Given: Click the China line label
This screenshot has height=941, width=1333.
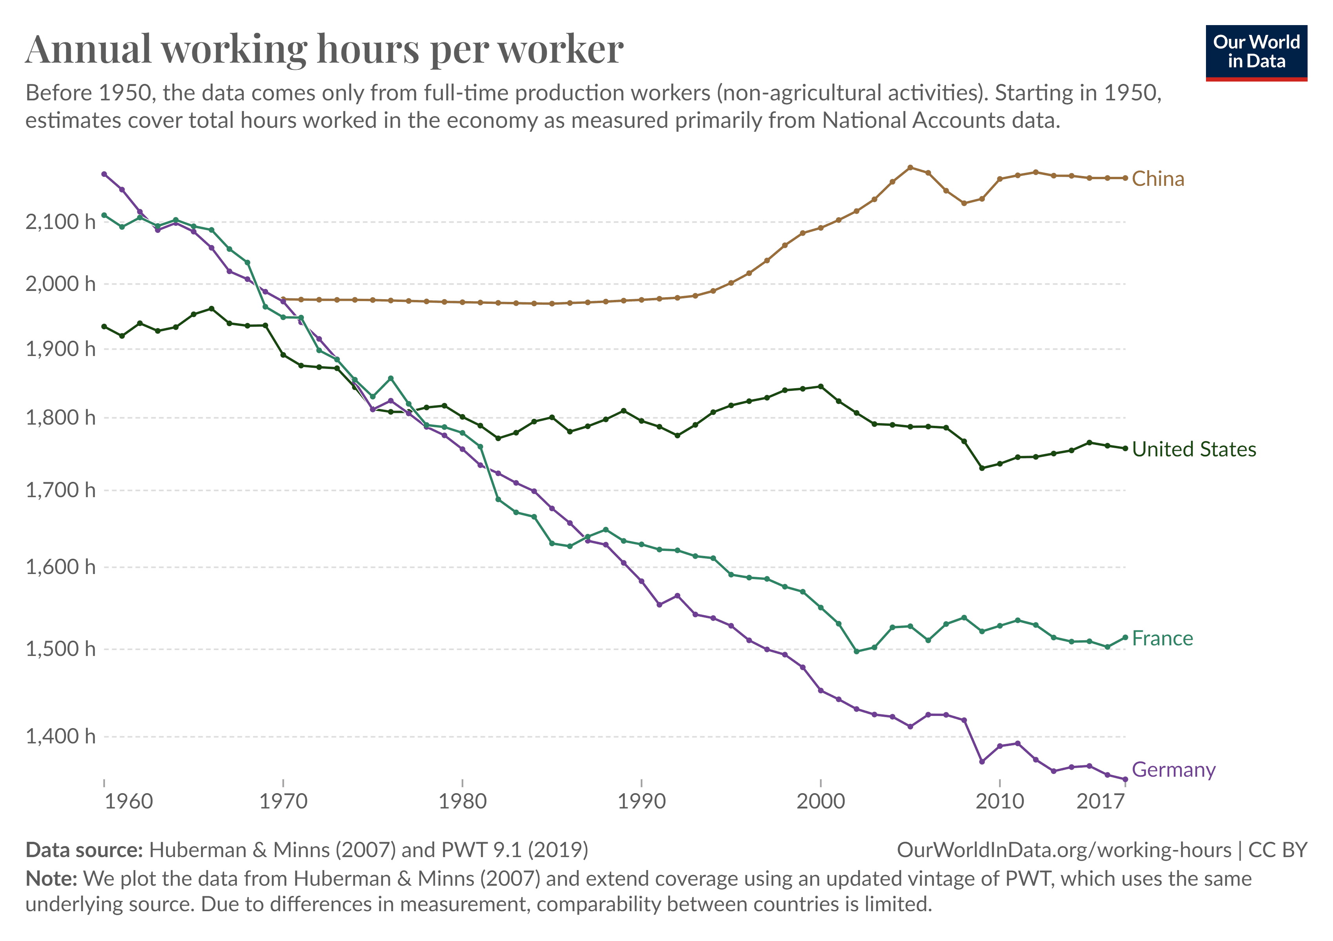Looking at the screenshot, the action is coord(1158,179).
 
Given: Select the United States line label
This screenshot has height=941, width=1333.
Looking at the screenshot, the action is coord(1194,449).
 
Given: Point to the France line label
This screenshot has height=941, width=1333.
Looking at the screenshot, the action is coord(1162,639).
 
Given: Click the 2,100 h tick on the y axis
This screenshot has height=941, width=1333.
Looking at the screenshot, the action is coord(60,222).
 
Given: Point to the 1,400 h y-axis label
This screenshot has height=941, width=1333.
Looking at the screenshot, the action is coord(60,737).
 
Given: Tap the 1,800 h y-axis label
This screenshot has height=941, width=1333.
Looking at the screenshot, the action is coord(60,418).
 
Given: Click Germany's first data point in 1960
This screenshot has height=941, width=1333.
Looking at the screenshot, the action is coord(104,174).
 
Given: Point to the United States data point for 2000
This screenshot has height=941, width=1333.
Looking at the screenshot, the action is coord(820,387).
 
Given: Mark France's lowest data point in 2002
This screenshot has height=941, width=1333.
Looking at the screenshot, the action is coord(856,651).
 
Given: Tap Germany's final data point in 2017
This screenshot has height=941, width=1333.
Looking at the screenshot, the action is coord(1125,779).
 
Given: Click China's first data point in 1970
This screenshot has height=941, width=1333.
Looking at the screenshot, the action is coord(283,300).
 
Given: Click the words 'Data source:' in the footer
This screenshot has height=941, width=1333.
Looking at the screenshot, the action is coord(84,850).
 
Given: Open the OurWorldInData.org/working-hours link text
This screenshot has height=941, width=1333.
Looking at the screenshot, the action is coord(1064,850).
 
